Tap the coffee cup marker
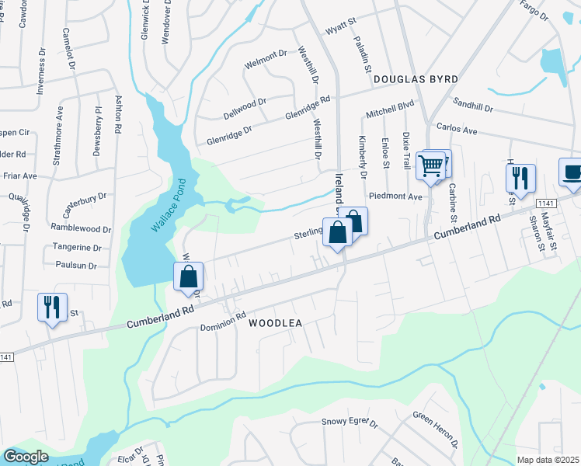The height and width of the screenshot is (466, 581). click(572, 173)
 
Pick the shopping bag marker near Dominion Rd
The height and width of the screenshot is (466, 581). click(189, 276)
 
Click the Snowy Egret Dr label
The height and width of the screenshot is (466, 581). click(350, 423)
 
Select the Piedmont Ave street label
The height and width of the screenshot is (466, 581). click(395, 197)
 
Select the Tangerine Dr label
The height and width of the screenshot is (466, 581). click(76, 248)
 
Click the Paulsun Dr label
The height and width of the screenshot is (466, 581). click(76, 265)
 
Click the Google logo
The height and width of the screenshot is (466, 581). click(26, 456)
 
